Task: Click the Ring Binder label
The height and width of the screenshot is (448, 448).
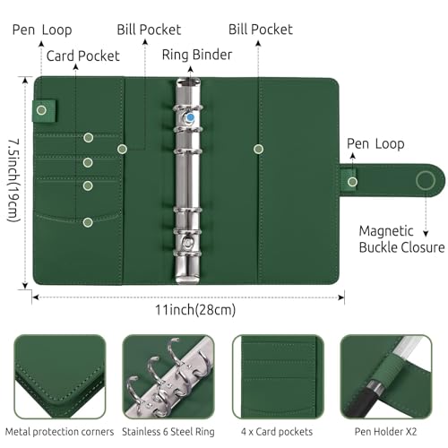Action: click(x=196, y=54)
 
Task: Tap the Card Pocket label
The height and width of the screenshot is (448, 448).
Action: click(x=82, y=56)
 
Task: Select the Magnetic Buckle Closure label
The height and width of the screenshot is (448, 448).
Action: click(x=401, y=238)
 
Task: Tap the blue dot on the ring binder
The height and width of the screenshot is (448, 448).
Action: click(x=189, y=116)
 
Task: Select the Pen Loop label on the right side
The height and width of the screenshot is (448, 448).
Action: click(x=375, y=143)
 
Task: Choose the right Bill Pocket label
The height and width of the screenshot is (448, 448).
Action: click(x=260, y=30)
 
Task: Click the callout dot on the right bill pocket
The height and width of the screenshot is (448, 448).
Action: click(x=259, y=148)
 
